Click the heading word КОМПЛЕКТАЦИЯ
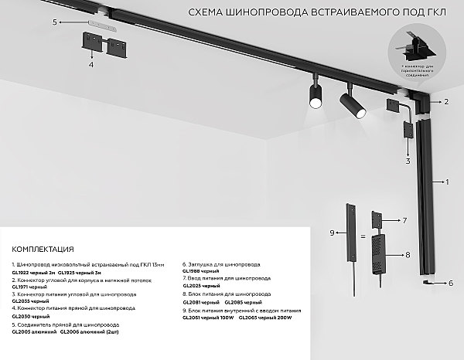tap(43, 250)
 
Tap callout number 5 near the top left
tap(55, 24)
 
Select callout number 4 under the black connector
tap(90, 66)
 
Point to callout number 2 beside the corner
tap(446, 102)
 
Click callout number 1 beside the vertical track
tap(446, 184)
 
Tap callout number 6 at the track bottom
tap(449, 284)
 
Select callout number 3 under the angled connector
tap(407, 162)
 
